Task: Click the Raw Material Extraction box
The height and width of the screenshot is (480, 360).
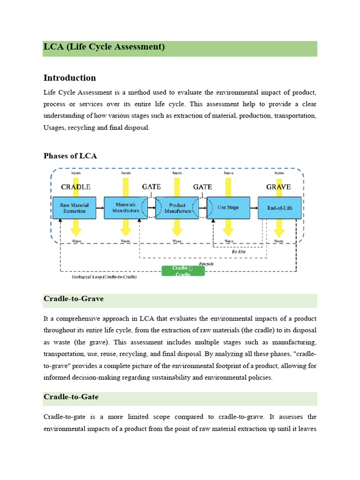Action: click(75, 208)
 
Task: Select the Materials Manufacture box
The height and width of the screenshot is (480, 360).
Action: click(125, 208)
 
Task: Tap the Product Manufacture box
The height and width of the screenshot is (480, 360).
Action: click(178, 208)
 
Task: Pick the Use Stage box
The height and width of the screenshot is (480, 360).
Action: click(228, 208)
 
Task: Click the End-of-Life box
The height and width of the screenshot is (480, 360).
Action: click(279, 208)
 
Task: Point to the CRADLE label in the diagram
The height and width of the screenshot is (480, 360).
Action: click(75, 187)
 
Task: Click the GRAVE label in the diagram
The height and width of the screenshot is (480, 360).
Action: click(278, 187)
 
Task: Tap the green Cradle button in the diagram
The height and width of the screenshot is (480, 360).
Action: click(183, 271)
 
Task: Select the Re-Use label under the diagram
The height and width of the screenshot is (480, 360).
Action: click(239, 252)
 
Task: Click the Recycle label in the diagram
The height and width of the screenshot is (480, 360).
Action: click(206, 264)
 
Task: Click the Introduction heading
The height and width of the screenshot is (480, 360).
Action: click(70, 78)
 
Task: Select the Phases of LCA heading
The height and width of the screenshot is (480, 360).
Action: click(70, 156)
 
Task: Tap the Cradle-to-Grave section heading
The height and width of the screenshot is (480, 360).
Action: click(74, 299)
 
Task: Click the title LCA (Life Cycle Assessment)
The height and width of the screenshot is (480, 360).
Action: click(104, 47)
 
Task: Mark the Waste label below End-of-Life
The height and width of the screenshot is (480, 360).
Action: click(278, 241)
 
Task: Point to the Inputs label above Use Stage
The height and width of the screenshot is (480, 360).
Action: click(228, 173)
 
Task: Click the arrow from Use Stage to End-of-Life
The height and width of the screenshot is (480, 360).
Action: click(254, 208)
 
